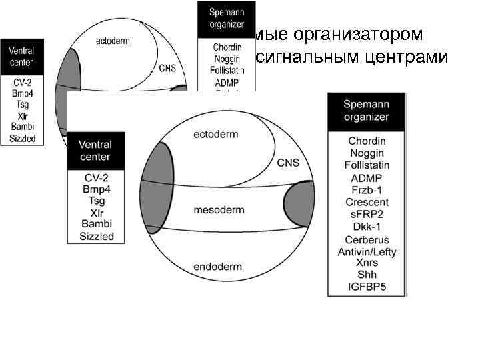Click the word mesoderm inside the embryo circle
(x=219, y=210)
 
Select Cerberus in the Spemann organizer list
(x=367, y=239)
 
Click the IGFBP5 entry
(x=367, y=287)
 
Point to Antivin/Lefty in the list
(x=367, y=251)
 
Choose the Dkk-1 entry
(x=367, y=226)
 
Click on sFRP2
(x=367, y=214)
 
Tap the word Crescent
(x=367, y=202)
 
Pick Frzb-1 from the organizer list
(x=367, y=190)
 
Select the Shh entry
(x=367, y=275)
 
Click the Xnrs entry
(x=367, y=263)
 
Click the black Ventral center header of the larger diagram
(x=95, y=151)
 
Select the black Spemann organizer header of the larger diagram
(x=367, y=111)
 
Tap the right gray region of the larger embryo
(x=300, y=200)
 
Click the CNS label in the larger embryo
(x=288, y=163)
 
